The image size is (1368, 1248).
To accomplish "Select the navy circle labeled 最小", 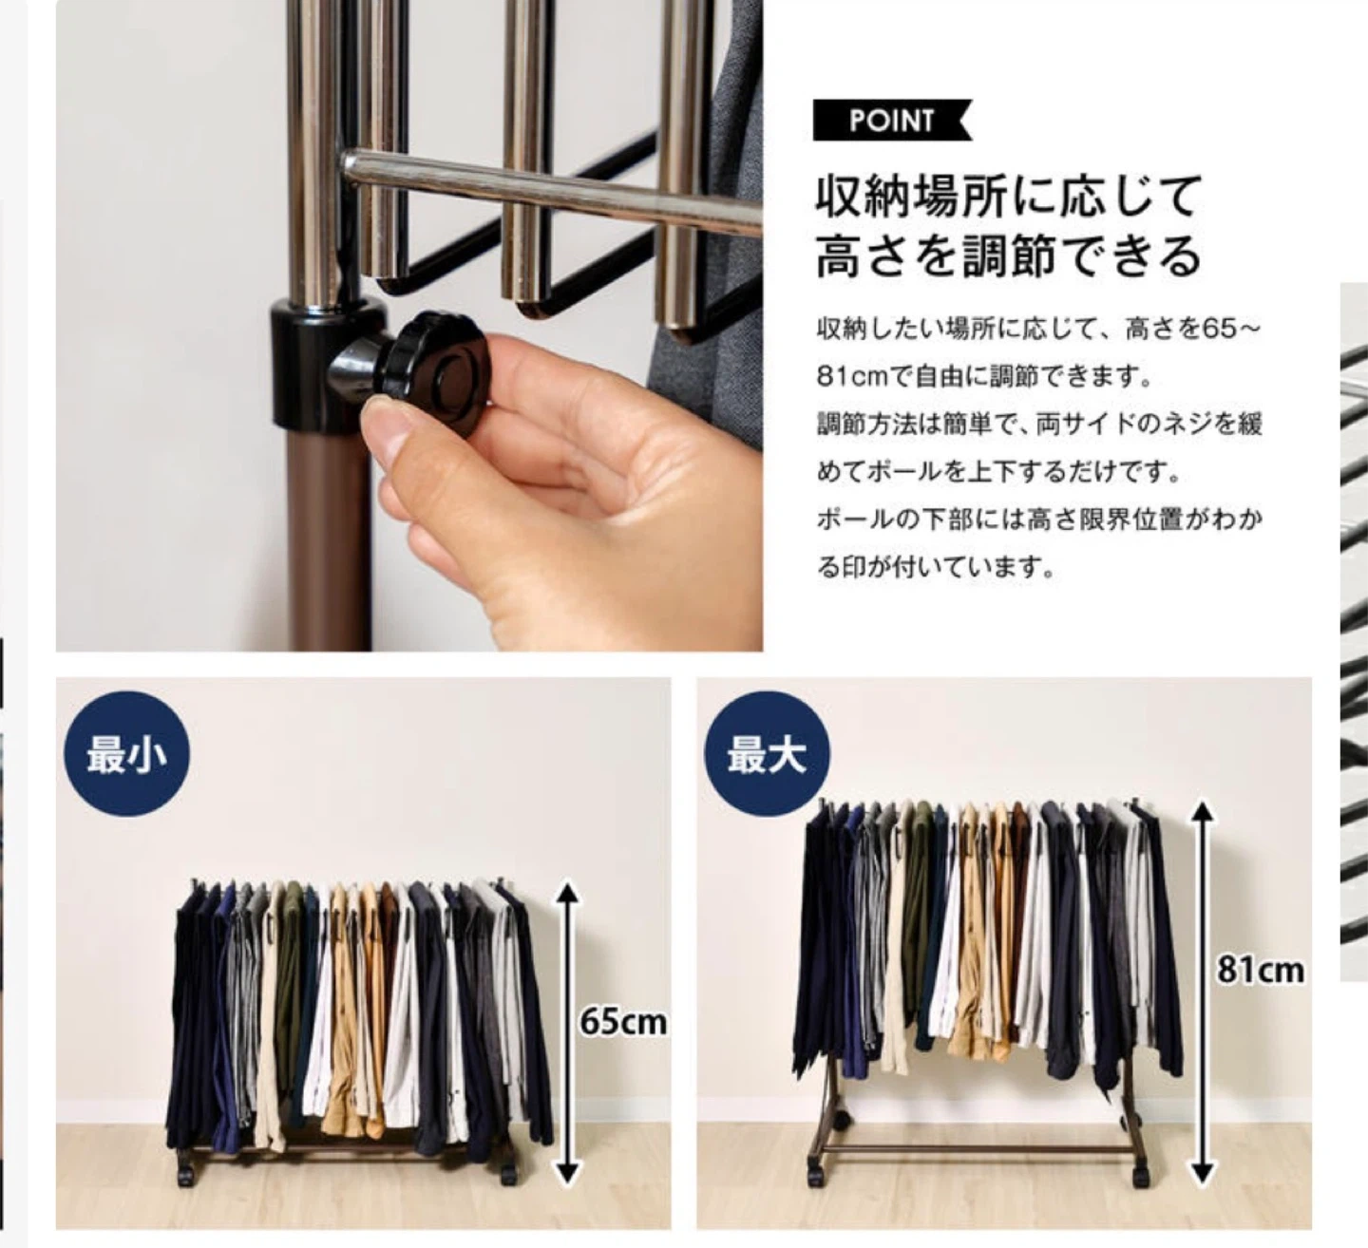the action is pos(126,753).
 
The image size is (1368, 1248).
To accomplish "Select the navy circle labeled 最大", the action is pos(768,753).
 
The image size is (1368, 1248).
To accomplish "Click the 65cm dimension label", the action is pos(622,1023).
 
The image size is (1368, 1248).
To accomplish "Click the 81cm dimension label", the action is pos(1262,971).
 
